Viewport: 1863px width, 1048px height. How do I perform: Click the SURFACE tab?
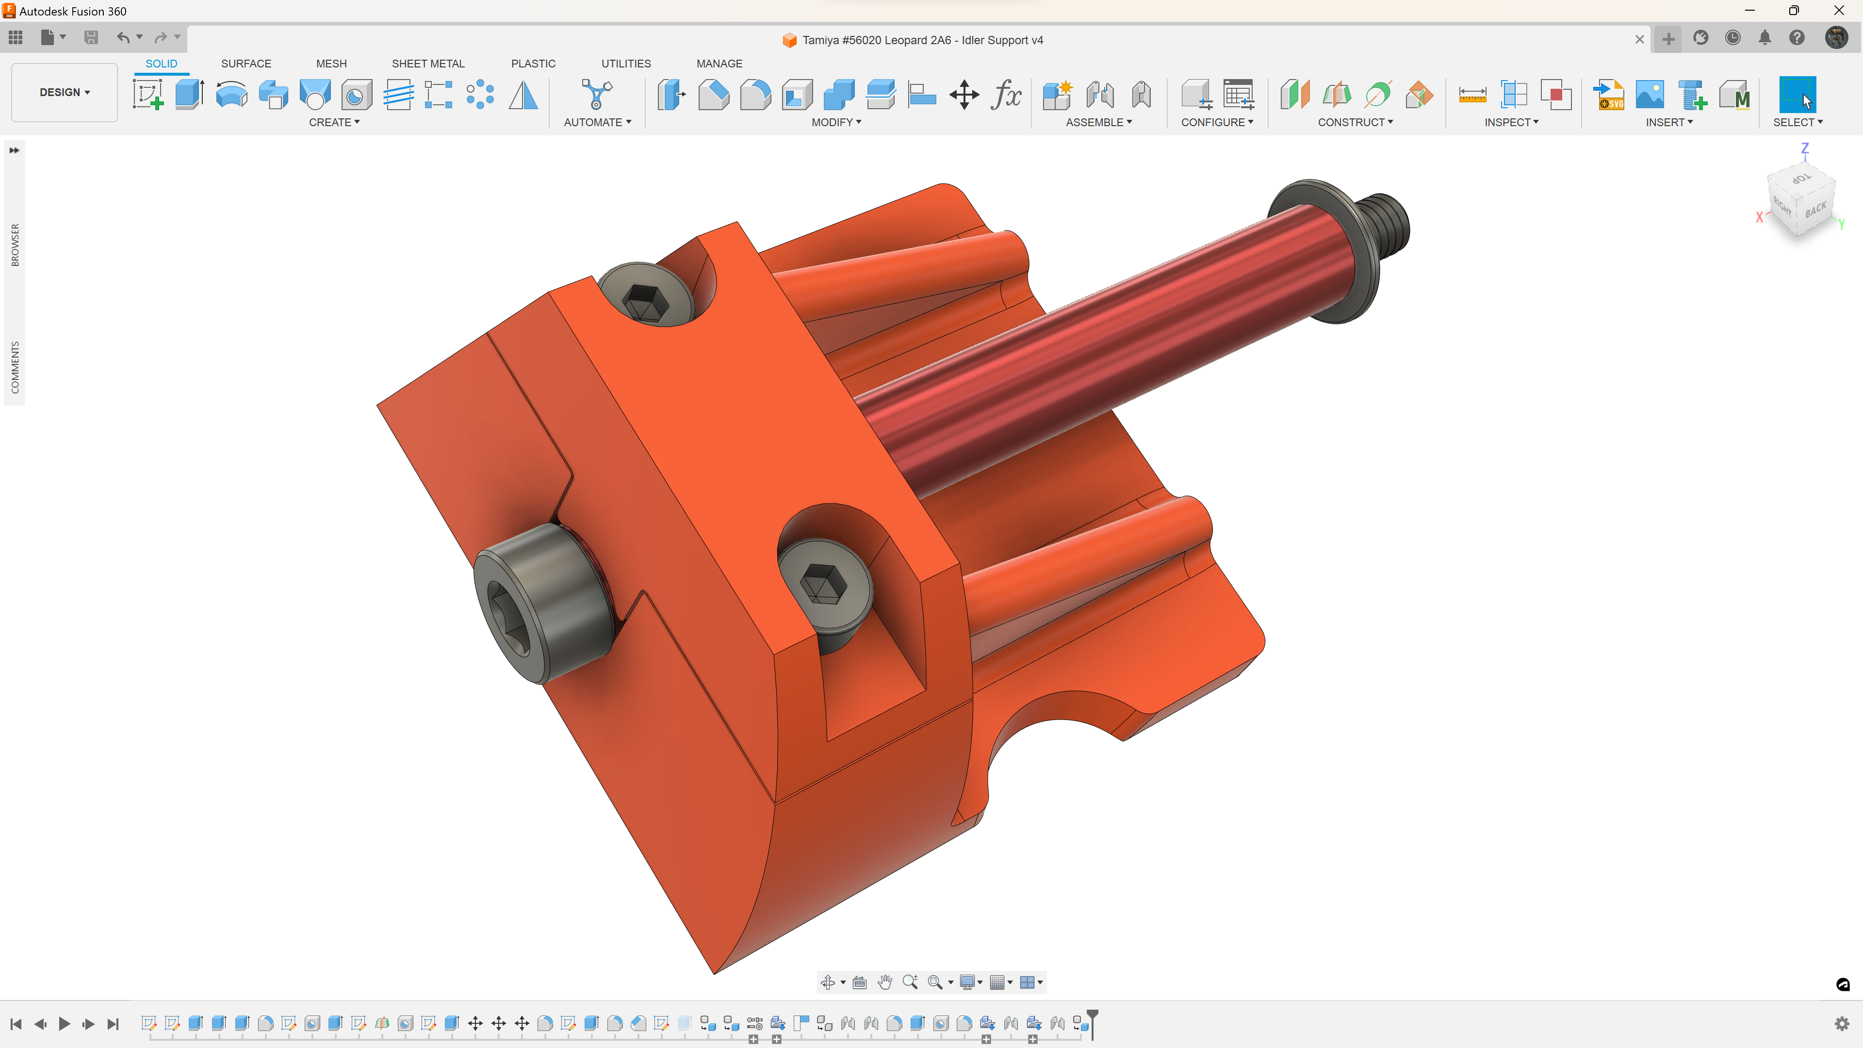tap(246, 64)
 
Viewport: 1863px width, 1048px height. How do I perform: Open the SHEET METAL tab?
tap(428, 64)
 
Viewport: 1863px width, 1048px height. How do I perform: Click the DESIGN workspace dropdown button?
tap(65, 93)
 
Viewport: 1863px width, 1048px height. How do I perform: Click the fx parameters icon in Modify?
tap(1006, 95)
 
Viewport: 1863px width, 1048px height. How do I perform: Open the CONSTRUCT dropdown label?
tap(1355, 122)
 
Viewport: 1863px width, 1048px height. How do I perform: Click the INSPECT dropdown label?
tap(1511, 122)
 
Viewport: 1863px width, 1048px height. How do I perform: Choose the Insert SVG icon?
tap(1609, 95)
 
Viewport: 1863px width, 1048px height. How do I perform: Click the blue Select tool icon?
tap(1797, 95)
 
